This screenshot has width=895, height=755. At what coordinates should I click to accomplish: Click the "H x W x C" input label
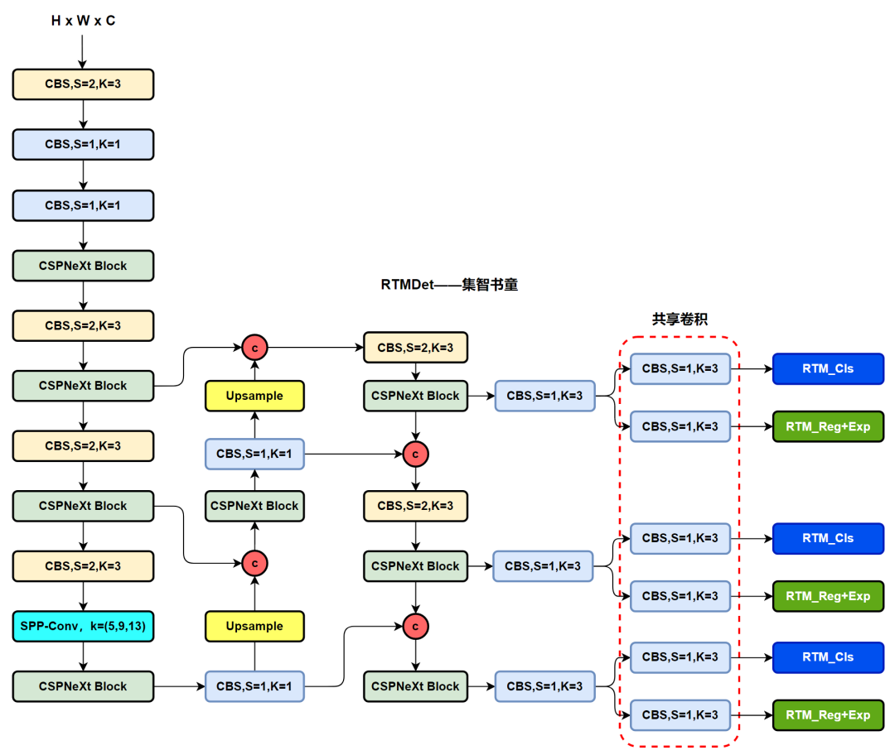(83, 21)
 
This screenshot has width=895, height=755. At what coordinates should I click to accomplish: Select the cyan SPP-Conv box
(83, 626)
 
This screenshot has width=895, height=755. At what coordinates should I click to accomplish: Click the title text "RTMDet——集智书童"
(449, 284)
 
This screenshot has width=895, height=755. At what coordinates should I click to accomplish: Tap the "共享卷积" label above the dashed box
(680, 319)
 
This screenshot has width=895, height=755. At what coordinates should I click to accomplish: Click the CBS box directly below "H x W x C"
(83, 84)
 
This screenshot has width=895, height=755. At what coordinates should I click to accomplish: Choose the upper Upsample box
(254, 396)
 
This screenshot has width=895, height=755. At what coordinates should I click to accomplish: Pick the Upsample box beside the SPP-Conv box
(254, 626)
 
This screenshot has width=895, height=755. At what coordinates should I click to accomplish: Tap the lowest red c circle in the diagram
(415, 626)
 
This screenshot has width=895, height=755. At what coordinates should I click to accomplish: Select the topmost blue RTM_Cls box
(827, 368)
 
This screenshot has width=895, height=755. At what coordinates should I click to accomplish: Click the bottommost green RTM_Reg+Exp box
(827, 714)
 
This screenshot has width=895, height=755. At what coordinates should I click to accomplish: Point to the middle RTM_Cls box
(827, 538)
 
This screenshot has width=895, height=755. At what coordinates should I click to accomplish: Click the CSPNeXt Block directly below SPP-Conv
(83, 686)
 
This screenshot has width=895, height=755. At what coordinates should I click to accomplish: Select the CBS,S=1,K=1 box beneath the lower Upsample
(254, 686)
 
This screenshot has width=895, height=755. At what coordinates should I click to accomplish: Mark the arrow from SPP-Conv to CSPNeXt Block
(83, 656)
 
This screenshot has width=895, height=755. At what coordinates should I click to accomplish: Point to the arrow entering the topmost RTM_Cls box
(752, 368)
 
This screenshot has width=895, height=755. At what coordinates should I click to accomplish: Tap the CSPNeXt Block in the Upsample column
(254, 506)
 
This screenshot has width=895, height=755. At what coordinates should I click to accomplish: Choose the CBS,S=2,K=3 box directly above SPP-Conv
(83, 566)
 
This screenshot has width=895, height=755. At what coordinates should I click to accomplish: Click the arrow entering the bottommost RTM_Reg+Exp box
(752, 714)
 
